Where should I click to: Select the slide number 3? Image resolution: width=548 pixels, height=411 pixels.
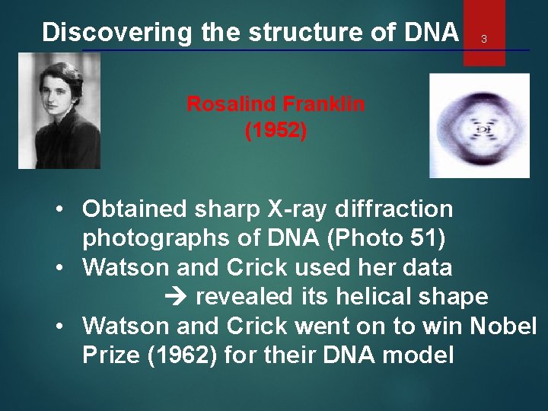(483, 39)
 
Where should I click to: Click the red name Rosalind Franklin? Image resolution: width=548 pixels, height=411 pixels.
(276, 104)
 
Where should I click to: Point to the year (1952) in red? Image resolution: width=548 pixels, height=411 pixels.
(276, 131)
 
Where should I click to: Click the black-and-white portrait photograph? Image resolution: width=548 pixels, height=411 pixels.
(59, 111)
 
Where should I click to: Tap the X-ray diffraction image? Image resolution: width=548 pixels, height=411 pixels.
(479, 125)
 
